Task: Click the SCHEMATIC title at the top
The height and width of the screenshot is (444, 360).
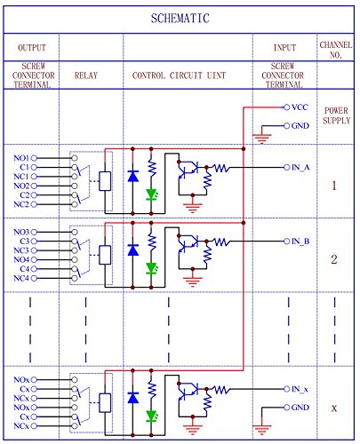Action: [180, 18]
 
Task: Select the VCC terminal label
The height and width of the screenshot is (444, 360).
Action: [300, 106]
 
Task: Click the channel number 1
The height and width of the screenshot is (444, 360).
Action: [334, 186]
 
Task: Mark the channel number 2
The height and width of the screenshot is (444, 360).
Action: [334, 259]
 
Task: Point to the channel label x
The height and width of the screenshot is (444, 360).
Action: [334, 408]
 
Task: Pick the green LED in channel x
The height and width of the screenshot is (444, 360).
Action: [152, 416]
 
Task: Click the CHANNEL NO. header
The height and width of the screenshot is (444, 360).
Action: [334, 49]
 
